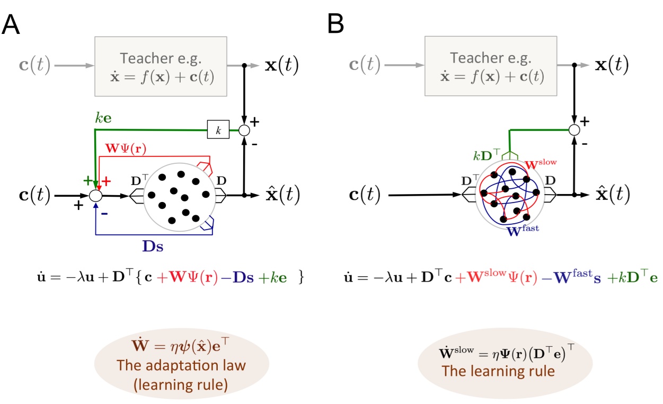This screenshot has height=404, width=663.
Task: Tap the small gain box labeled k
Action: point(218,130)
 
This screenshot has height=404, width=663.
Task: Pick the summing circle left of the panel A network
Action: point(95,196)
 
